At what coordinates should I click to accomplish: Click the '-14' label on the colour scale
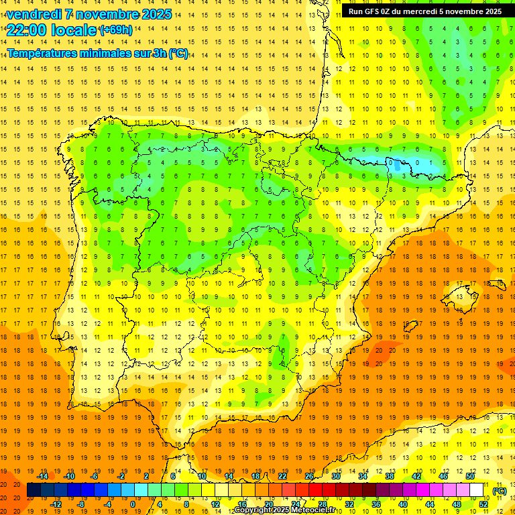click(44, 476)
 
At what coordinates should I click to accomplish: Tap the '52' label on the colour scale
click(483, 504)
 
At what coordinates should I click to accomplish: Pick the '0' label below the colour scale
click(133, 504)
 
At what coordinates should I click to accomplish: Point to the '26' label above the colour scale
click(309, 476)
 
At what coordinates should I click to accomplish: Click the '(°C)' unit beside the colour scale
click(500, 490)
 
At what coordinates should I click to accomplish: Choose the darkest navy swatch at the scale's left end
click(34, 490)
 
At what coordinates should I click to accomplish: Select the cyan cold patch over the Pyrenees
click(402, 163)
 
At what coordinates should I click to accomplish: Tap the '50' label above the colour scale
click(470, 476)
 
